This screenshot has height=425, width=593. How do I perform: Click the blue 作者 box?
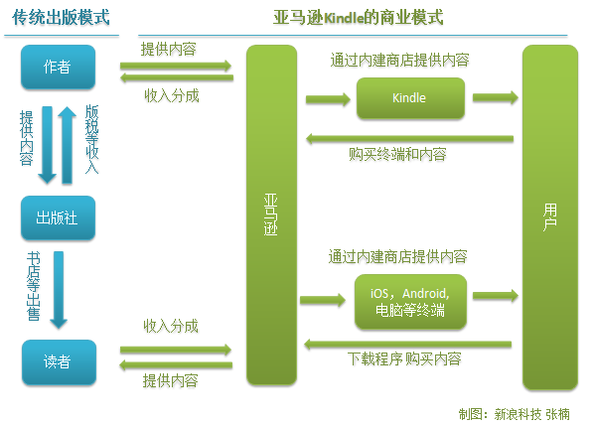[x=58, y=68]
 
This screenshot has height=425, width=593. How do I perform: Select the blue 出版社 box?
[x=58, y=218]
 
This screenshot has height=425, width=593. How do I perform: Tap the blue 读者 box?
[x=58, y=362]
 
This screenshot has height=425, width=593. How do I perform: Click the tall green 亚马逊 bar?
[x=270, y=214]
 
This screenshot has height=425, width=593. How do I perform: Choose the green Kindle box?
[x=409, y=98]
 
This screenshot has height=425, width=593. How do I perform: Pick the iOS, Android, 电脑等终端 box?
[x=409, y=303]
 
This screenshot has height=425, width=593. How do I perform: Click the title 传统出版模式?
[x=62, y=17]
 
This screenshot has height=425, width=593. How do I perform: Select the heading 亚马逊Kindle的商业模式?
[x=359, y=17]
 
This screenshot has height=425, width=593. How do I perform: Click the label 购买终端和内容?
[x=396, y=155]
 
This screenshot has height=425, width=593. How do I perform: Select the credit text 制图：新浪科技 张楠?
[x=520, y=412]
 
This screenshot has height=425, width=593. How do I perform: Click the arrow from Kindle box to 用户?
[x=494, y=98]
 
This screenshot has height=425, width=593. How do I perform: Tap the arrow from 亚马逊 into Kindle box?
[x=325, y=98]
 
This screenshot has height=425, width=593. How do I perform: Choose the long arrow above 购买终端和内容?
[x=408, y=138]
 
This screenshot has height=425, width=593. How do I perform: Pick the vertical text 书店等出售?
[x=32, y=288]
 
